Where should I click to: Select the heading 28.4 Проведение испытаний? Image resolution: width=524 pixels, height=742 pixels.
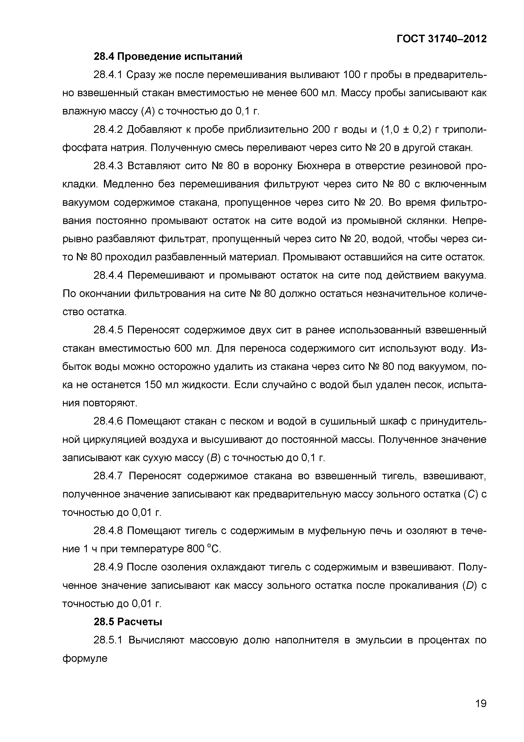(x=168, y=56)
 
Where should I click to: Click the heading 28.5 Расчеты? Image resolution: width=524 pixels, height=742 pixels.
(x=128, y=621)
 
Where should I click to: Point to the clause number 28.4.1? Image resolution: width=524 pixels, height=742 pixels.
(x=108, y=75)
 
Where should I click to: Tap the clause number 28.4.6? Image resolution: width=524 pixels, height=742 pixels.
(x=108, y=421)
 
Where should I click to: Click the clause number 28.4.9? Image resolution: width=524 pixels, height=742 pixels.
(x=108, y=567)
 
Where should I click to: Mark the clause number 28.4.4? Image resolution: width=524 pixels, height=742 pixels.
(x=108, y=275)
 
